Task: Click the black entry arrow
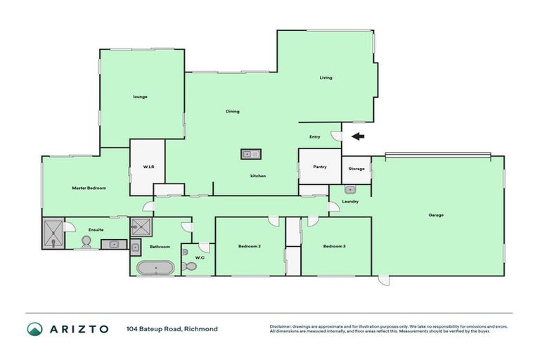(x=359, y=136)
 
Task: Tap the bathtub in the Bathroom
(x=155, y=268)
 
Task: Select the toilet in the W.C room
(x=188, y=266)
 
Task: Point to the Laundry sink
(x=350, y=190)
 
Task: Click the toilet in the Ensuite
(x=86, y=242)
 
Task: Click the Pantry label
(x=319, y=167)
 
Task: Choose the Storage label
(x=356, y=169)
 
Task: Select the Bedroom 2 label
(x=250, y=246)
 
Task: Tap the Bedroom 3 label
(x=335, y=246)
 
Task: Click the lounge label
(x=140, y=96)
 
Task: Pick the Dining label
(x=233, y=111)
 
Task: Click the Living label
(x=326, y=77)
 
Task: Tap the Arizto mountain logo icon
(x=34, y=329)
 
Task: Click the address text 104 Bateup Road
(x=155, y=329)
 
